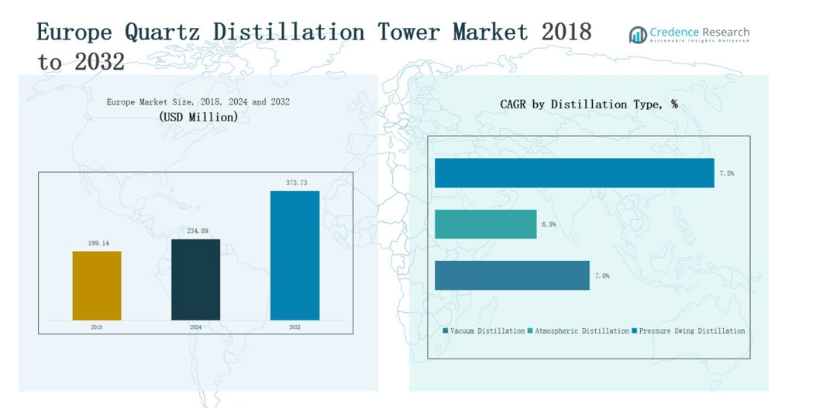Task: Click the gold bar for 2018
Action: coord(97,285)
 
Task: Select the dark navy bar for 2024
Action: coord(195,279)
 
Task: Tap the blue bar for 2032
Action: coord(294,255)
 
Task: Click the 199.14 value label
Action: coord(98,243)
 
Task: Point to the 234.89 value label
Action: coord(196,231)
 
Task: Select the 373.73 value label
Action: coord(295,183)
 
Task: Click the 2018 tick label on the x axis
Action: coord(97,327)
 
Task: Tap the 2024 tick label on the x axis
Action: coord(195,327)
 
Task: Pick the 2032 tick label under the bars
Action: coord(294,327)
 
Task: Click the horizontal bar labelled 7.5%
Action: coord(573,173)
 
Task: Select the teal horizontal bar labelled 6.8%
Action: coord(485,224)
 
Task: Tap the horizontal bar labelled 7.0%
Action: coord(511,276)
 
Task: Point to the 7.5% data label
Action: coord(726,173)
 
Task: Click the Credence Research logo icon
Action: coord(638,34)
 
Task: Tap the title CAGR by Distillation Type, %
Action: coord(588,104)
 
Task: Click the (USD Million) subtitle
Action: coord(198,117)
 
